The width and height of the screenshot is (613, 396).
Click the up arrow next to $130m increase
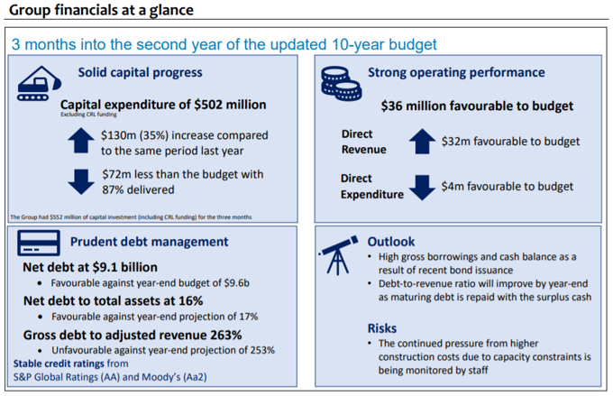80,141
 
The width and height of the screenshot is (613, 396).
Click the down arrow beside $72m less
80,181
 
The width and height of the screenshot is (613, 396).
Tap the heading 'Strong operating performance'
456,72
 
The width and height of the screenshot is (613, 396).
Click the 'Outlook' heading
391,242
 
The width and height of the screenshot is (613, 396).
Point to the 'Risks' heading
383,327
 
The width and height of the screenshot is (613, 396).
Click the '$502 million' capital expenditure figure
230,105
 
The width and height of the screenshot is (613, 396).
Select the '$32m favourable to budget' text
510,142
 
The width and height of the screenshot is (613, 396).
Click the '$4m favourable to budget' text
507,187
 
